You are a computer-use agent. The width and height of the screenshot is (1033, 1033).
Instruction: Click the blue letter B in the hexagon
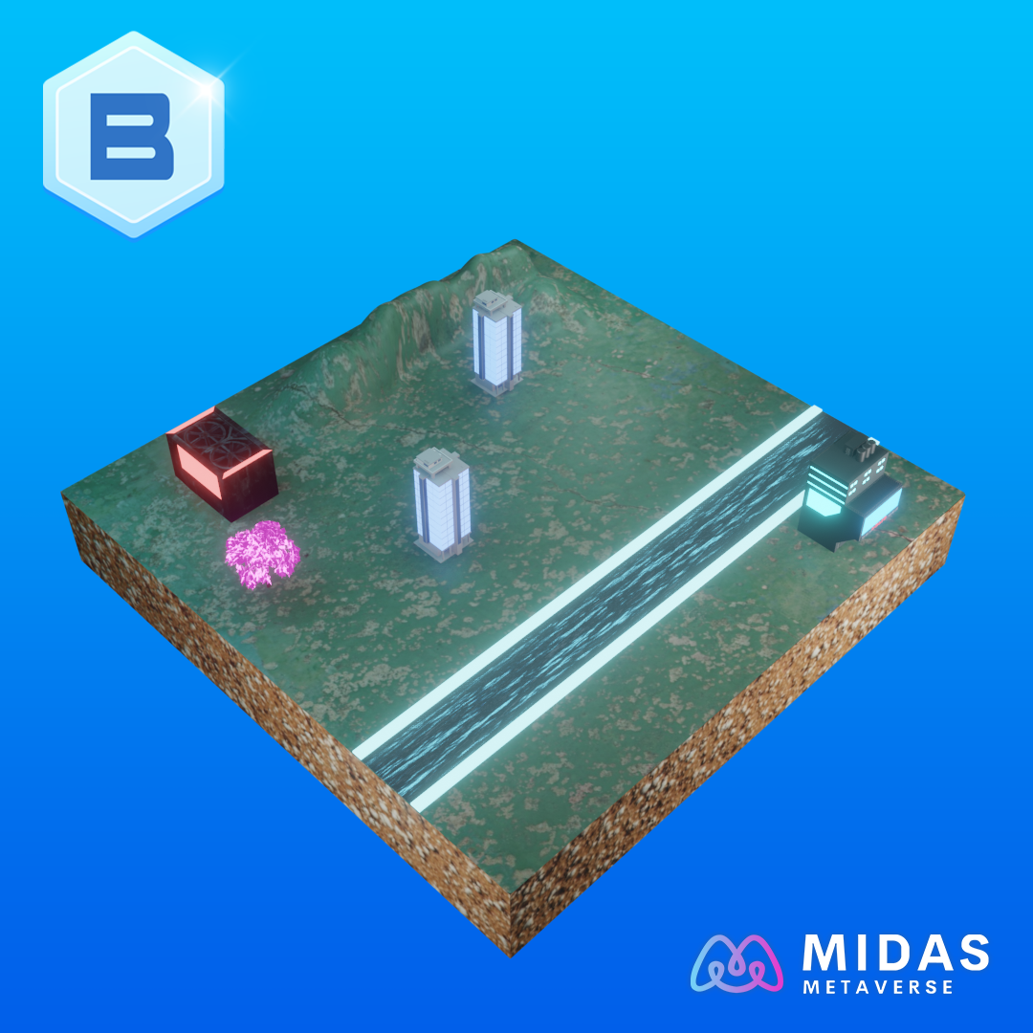tap(132, 137)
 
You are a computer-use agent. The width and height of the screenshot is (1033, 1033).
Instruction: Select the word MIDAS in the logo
tap(895, 953)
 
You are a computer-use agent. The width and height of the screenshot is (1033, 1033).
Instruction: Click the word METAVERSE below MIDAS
tap(878, 987)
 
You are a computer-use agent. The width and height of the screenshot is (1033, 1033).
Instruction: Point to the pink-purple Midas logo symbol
tap(736, 962)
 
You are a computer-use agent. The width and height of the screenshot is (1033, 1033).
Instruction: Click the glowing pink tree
tap(261, 554)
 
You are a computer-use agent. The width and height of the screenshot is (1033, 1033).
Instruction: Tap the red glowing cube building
tap(222, 463)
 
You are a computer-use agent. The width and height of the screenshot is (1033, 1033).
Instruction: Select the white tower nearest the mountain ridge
tap(496, 341)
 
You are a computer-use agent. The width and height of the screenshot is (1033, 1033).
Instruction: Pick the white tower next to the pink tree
tap(441, 503)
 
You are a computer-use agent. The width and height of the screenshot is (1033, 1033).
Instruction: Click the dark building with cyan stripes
tap(849, 492)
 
